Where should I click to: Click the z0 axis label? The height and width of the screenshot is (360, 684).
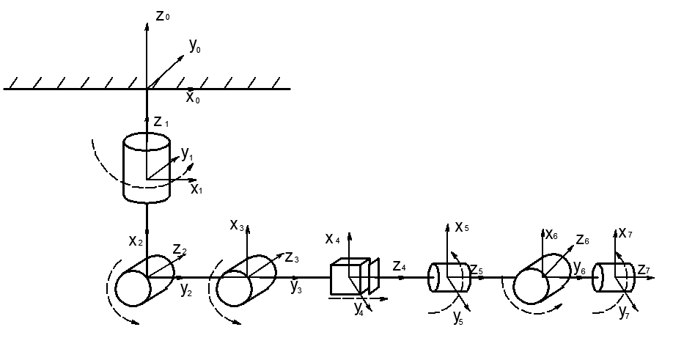tap(163, 16)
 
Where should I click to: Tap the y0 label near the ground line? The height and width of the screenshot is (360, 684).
tap(195, 45)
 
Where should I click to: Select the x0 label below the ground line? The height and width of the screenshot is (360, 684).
tap(193, 98)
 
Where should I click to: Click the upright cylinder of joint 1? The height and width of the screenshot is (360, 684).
tap(147, 168)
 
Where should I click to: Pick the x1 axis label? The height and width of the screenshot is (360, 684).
tap(196, 188)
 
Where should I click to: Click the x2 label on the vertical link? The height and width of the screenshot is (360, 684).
tap(136, 240)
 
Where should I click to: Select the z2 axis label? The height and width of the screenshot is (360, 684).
tap(180, 249)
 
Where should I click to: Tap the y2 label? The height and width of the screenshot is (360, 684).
tap(186, 290)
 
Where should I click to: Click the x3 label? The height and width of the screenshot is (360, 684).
tap(237, 225)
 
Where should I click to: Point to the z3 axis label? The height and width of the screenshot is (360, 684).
tap(292, 257)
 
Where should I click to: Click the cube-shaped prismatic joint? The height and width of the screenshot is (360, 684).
tap(355, 276)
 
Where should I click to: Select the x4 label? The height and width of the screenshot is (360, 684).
tap(332, 239)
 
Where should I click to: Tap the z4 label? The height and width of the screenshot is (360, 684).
tap(400, 265)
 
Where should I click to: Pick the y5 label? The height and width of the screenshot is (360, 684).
tap(458, 317)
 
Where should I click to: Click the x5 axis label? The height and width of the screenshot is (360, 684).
tap(462, 227)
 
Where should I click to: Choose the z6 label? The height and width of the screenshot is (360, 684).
tap(583, 240)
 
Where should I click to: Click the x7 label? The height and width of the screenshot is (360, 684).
tap(625, 233)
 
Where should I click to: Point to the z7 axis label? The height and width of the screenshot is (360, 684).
tap(644, 270)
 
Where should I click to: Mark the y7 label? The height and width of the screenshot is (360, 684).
tap(624, 312)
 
